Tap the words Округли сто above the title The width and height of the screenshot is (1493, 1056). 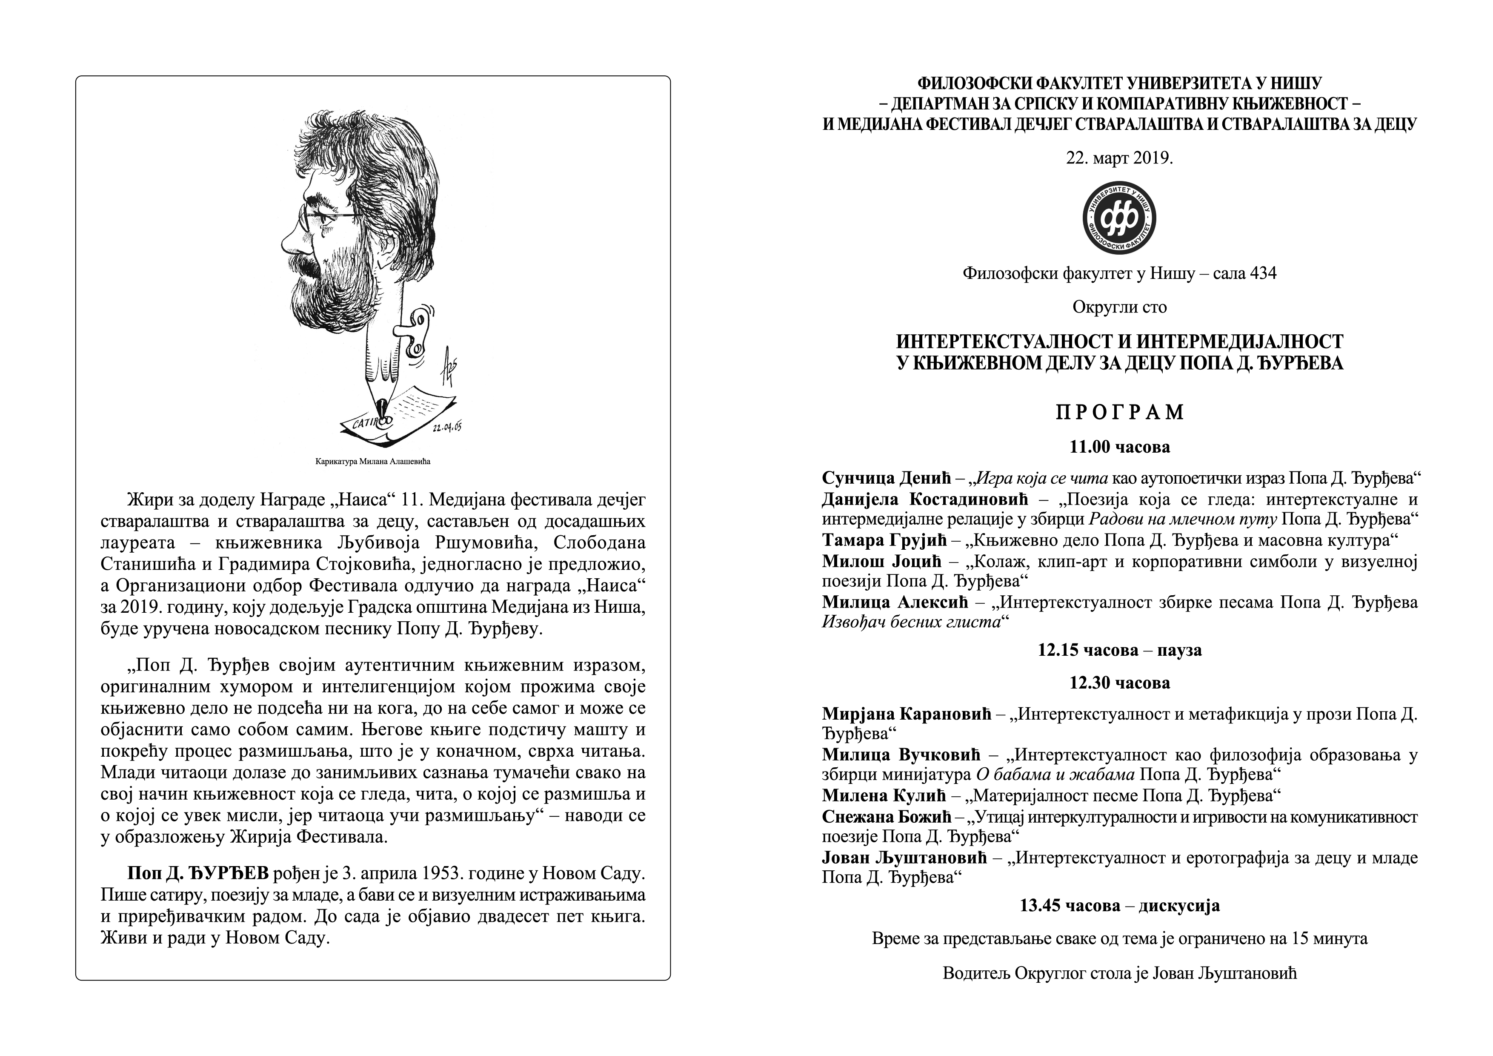tap(1119, 307)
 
